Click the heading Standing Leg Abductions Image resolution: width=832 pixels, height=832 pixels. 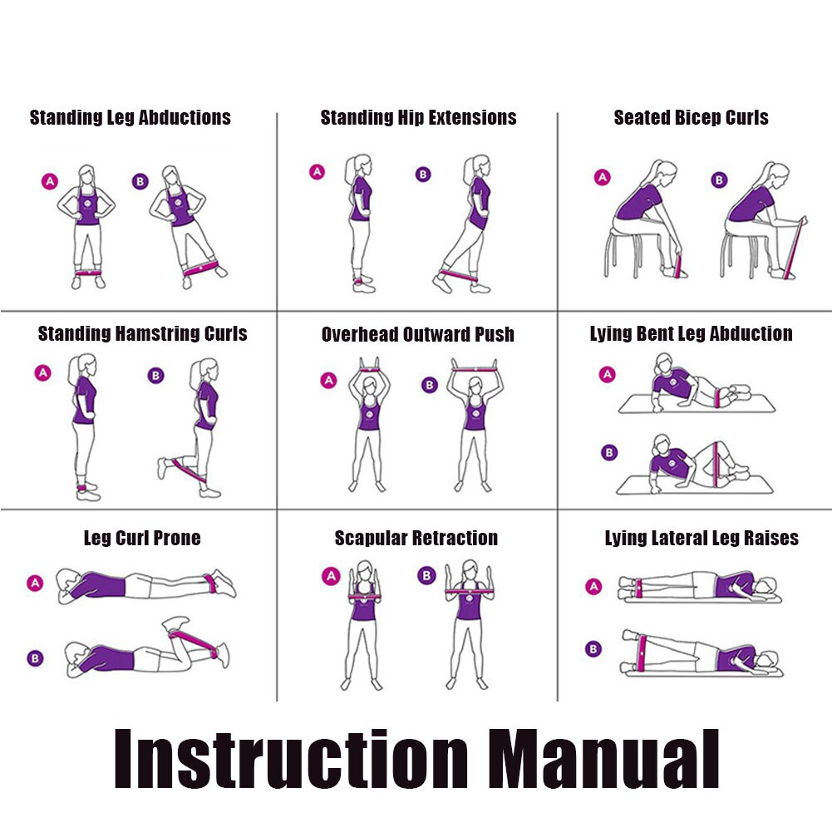[130, 118]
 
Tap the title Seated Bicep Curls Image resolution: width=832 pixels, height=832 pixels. [691, 117]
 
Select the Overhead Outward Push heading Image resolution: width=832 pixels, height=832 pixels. [418, 334]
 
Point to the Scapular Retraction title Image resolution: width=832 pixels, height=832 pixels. [416, 538]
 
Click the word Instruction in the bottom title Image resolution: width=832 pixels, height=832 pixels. [291, 759]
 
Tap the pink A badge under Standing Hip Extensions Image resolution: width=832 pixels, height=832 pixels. [317, 172]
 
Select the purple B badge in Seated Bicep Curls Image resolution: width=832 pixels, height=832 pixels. [719, 180]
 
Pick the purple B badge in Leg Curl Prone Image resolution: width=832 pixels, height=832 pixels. [35, 658]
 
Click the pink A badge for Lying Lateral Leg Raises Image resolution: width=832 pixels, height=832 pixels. [593, 586]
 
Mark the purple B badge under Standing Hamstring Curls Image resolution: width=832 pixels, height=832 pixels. [155, 376]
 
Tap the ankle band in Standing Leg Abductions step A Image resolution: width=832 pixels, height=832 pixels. [87, 273]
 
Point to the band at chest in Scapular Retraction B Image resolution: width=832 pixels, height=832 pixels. [470, 591]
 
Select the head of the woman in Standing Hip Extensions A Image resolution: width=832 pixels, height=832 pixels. [359, 165]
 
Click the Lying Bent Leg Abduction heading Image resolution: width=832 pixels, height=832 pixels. [692, 334]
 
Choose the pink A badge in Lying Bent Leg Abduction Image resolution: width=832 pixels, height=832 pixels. [607, 375]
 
